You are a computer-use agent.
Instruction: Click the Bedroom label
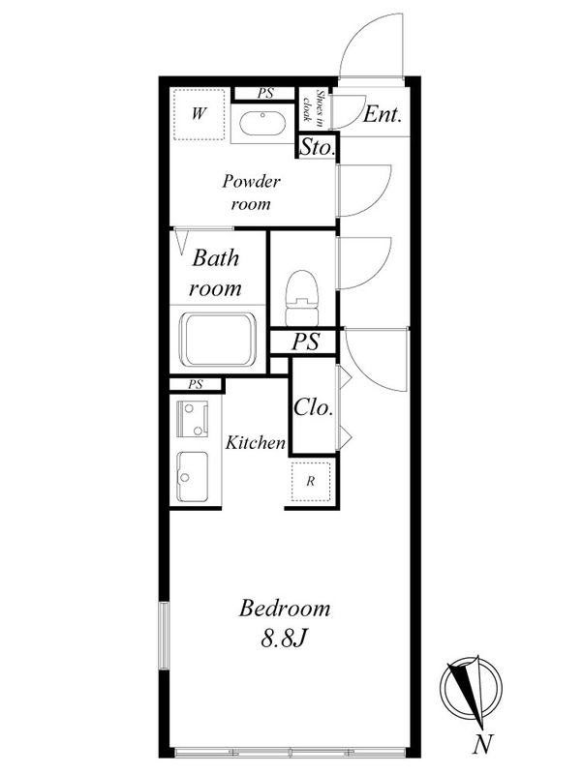(x=285, y=610)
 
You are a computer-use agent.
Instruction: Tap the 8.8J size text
(x=285, y=639)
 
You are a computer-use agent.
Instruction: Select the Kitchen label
(x=256, y=443)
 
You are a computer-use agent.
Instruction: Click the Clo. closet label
(x=313, y=408)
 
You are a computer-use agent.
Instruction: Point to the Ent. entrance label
(x=383, y=115)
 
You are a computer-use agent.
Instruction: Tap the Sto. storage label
(x=317, y=149)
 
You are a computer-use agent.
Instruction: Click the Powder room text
(x=251, y=193)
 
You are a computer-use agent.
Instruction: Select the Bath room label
(x=214, y=273)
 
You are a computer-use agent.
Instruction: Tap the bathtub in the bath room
(x=214, y=341)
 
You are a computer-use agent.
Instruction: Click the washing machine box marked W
(x=200, y=115)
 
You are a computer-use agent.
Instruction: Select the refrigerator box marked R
(x=311, y=481)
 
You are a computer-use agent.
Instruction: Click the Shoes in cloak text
(x=314, y=108)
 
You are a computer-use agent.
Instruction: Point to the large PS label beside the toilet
(x=307, y=342)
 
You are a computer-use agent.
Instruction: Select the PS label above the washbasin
(x=265, y=94)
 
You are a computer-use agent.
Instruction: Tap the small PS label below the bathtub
(x=196, y=384)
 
